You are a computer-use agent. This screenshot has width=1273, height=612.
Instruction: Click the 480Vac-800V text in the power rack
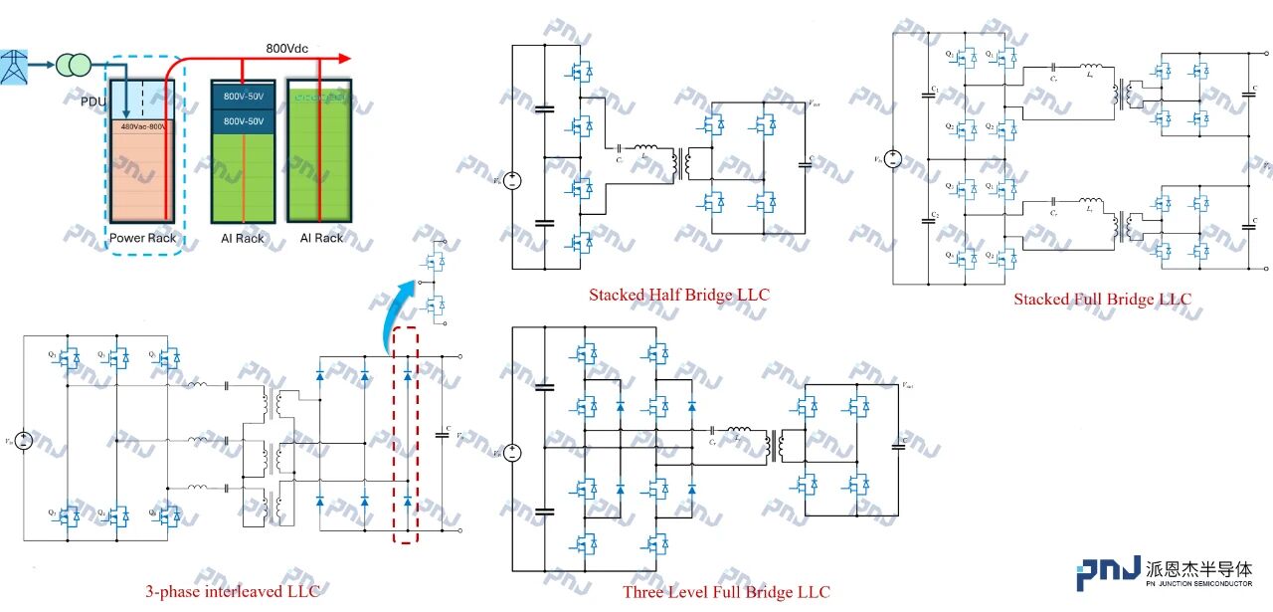pyautogui.click(x=143, y=126)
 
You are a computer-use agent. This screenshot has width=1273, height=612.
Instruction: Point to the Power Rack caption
pyautogui.click(x=142, y=239)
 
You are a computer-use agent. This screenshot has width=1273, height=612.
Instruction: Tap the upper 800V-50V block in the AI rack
pyautogui.click(x=243, y=97)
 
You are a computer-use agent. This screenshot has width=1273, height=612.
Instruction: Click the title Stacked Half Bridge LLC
pyautogui.click(x=678, y=295)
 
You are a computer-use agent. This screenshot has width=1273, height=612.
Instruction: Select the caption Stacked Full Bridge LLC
pyautogui.click(x=1102, y=299)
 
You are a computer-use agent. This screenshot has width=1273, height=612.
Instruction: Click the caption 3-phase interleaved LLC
pyautogui.click(x=233, y=592)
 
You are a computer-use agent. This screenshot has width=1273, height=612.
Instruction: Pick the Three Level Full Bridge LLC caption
pyautogui.click(x=726, y=592)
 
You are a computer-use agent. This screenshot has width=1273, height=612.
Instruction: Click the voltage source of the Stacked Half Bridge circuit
pyautogui.click(x=511, y=180)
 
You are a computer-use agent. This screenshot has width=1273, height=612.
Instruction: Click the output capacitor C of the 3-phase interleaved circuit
pyautogui.click(x=443, y=435)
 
